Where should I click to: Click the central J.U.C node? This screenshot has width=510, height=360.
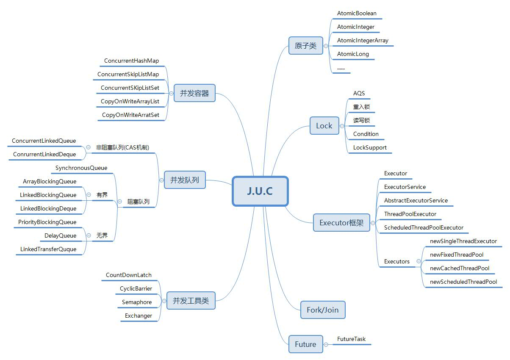[260, 191]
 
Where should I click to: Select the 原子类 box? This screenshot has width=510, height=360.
[305, 46]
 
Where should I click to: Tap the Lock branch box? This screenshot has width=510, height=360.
[324, 126]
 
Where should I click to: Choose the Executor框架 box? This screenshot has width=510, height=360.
[341, 223]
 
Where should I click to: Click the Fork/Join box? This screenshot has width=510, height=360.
[322, 310]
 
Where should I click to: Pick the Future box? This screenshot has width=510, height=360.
[305, 344]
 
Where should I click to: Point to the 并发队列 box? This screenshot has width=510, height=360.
[184, 180]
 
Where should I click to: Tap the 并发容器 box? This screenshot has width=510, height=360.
[194, 93]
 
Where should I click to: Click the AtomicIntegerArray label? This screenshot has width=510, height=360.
[363, 41]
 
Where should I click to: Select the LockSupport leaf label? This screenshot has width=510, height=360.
[370, 147]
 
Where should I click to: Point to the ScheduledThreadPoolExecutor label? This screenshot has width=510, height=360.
[424, 227]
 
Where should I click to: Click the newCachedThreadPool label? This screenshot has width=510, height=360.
[460, 268]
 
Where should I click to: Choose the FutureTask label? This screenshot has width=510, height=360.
[351, 339]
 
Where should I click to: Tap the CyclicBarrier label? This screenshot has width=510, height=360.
[136, 288]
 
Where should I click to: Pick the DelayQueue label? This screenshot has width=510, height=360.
[61, 235]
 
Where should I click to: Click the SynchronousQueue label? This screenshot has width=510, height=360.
[81, 168]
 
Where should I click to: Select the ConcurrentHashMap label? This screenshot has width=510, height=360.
[131, 61]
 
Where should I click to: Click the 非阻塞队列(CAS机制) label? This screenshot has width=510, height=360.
[122, 147]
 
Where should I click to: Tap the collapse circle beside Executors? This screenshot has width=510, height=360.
[419, 262]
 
